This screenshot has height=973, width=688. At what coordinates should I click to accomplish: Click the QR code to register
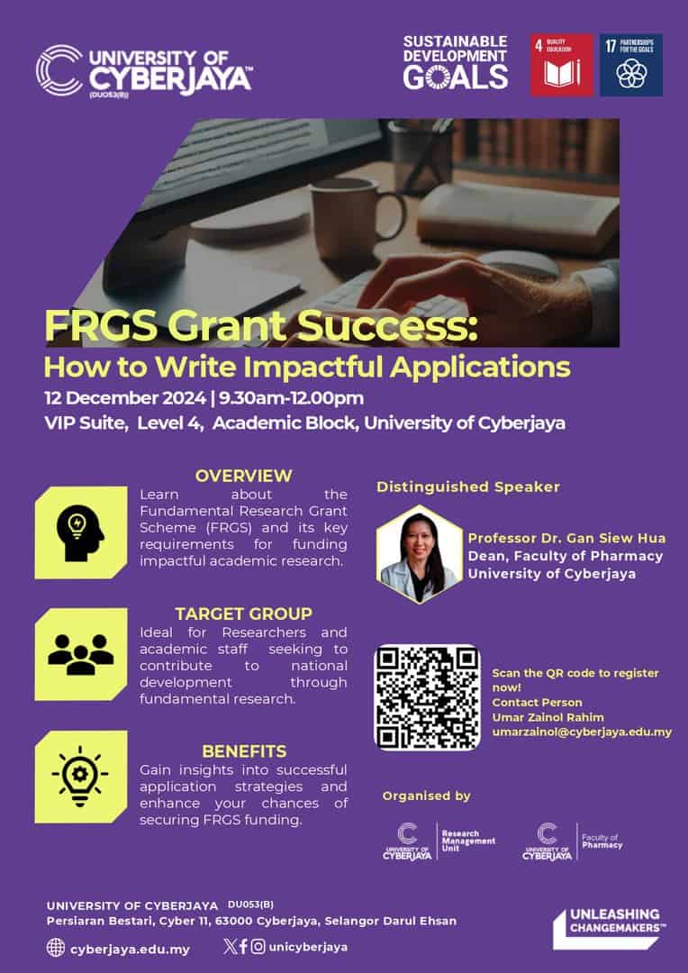point(427,697)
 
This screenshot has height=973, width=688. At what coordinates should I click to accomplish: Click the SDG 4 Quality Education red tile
point(562,65)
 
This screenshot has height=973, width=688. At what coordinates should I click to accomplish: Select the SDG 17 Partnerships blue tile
point(631,65)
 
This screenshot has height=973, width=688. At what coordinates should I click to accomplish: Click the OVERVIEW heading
point(244,476)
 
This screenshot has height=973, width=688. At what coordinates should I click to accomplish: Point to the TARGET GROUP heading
point(244,614)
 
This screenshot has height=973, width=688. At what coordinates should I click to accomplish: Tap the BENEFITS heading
point(244,750)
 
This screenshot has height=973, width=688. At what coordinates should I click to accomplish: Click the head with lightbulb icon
point(80,532)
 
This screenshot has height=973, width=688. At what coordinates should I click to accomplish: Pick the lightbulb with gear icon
point(80,777)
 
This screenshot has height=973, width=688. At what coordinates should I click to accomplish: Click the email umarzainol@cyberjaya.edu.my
point(582,732)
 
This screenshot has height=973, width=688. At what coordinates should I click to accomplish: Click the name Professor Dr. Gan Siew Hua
point(566,538)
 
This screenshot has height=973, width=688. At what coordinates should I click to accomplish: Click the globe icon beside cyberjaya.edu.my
point(56,948)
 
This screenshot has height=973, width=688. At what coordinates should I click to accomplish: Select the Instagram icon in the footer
point(258,946)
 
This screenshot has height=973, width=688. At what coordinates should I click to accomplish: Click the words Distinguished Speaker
point(467,486)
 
